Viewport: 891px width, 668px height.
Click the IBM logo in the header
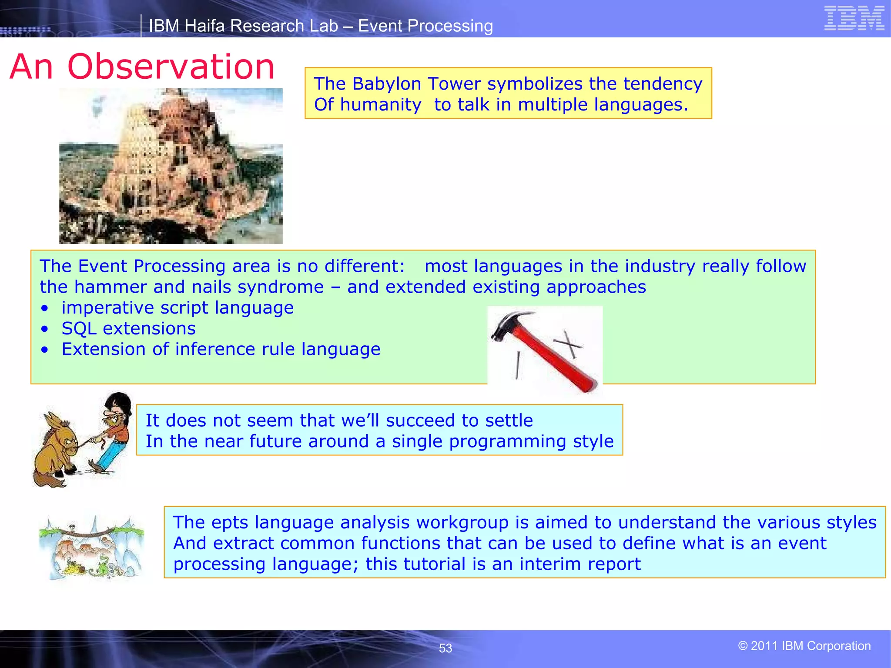tap(854, 18)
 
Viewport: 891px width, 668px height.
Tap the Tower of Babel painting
tap(171, 166)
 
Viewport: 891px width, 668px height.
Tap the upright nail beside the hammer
tap(518, 365)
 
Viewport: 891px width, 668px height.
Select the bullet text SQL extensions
tap(128, 328)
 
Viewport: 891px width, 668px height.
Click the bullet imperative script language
tap(177, 307)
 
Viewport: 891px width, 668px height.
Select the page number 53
tap(445, 648)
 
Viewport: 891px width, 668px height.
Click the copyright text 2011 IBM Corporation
tap(804, 646)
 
